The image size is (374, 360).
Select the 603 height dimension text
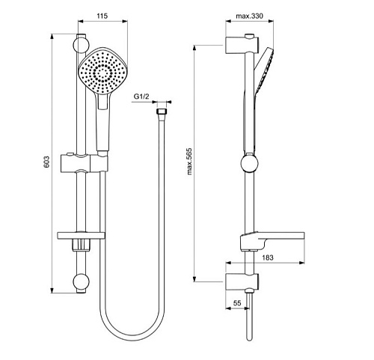tap(46, 161)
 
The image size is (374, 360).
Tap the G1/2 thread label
tap(141, 97)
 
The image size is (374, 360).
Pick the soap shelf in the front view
tap(81, 239)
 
